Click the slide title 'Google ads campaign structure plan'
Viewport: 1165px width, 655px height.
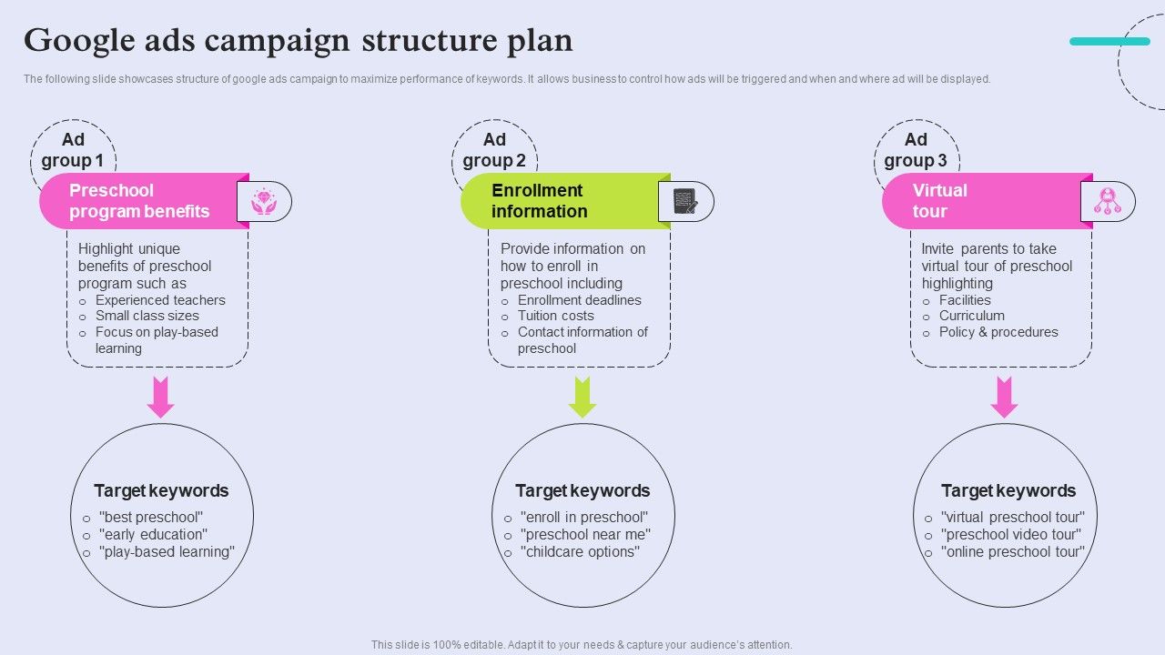[299, 41]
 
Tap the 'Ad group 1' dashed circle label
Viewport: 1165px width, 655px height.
[73, 151]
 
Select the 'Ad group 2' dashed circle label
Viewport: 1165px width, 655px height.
[494, 151]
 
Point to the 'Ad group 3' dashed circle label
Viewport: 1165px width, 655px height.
[916, 151]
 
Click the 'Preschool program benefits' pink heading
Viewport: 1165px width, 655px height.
[139, 201]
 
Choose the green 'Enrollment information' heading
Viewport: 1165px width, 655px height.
[539, 201]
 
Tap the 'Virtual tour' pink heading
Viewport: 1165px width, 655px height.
[940, 201]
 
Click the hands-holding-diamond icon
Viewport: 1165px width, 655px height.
[264, 201]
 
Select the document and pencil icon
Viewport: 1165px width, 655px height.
[685, 201]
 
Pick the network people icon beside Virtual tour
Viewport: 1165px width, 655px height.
[1108, 201]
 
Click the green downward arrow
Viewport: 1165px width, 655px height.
[582, 397]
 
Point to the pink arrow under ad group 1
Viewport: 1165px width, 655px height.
[161, 397]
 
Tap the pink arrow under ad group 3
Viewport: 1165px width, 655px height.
[1004, 397]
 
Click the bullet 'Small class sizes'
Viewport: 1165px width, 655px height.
[147, 316]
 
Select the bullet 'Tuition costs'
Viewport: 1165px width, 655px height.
[555, 316]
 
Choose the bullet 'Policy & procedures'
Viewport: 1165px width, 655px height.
[998, 332]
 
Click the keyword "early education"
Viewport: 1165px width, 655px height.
[153, 535]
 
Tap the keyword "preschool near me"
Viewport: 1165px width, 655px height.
[585, 535]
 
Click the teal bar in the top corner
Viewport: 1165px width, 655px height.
[1109, 41]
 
